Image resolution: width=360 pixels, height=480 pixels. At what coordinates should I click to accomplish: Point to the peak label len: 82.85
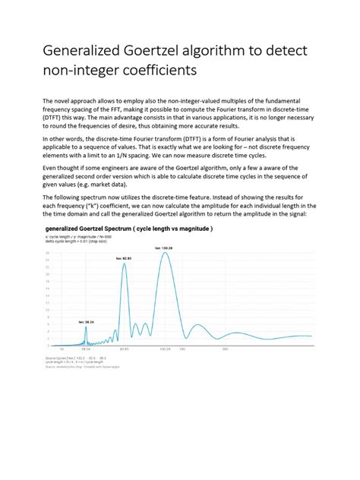(x=124, y=259)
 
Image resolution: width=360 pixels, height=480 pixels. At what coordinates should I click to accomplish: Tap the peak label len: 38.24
(x=86, y=322)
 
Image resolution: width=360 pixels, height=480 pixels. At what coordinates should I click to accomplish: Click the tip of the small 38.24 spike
(x=86, y=327)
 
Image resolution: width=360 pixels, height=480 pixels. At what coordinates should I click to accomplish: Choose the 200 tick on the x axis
(x=226, y=349)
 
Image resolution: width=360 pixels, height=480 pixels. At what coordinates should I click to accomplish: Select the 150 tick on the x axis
(x=182, y=349)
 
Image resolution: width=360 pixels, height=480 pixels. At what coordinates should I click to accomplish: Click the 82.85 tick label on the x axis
(x=124, y=349)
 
